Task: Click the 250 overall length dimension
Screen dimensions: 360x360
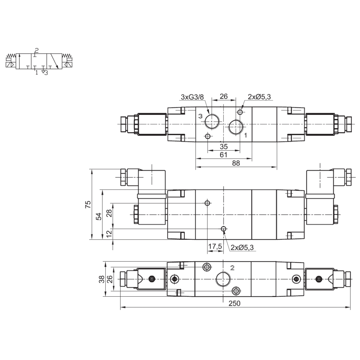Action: coord(234,304)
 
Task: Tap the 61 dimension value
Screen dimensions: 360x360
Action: coord(223,155)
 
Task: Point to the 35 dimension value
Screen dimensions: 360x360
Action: coord(223,147)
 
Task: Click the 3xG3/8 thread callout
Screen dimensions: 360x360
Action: coord(192,97)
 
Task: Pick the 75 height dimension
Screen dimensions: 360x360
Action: coord(88,205)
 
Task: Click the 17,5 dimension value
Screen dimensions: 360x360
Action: coord(215,246)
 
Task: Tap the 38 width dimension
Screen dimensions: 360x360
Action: coord(102,279)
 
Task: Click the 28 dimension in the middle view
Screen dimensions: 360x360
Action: coord(109,213)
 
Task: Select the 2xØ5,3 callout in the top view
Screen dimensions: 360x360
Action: coord(259,97)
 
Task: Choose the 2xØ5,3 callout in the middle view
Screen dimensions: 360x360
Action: coord(242,247)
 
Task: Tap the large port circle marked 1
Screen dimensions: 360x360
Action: coord(235,127)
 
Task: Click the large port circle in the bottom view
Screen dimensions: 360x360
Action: coord(223,279)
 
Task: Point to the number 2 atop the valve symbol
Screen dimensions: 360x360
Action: coord(37,50)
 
